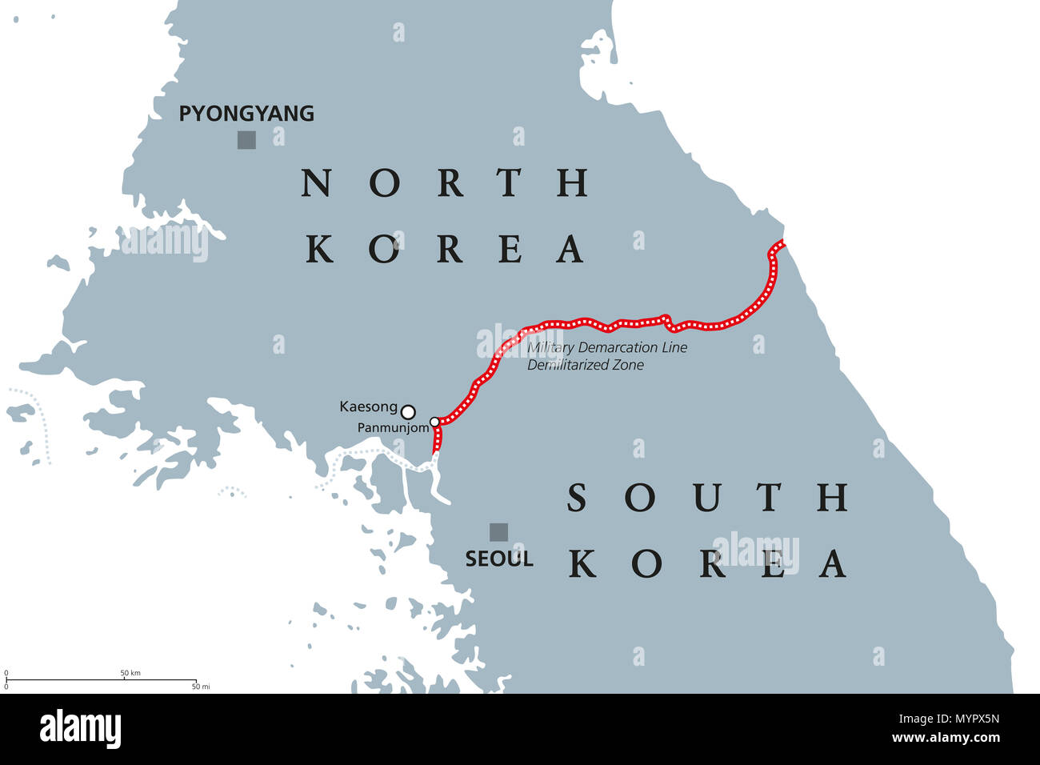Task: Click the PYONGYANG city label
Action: coord(246,114)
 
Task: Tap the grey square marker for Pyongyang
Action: coord(246,140)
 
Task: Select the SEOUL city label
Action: coord(499,559)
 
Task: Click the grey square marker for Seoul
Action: coord(498,532)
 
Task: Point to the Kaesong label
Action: coord(368,407)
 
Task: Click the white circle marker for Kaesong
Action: coord(408,412)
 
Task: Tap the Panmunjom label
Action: coord(394,428)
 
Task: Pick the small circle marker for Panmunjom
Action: coord(434,422)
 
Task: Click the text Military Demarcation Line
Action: coord(607,348)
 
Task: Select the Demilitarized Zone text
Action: coord(585,365)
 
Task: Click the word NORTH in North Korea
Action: coord(445,183)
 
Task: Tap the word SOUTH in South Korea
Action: coord(707,498)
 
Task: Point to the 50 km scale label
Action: coord(130,673)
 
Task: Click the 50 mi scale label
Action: coord(201,687)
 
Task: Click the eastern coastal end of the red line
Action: coord(782,243)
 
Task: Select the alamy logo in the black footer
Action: coord(80,729)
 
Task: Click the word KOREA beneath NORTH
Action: coord(445,249)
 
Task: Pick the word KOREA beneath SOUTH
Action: coord(707,563)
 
